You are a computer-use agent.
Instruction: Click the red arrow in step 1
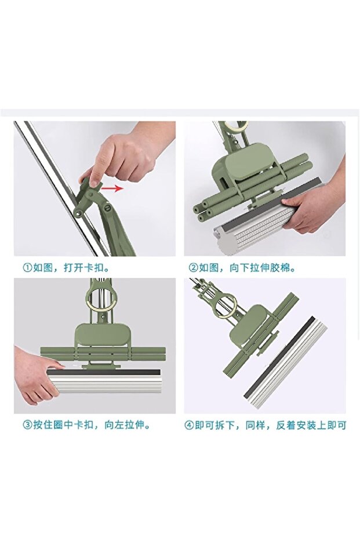tap(112, 188)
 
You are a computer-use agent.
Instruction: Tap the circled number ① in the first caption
tap(27, 267)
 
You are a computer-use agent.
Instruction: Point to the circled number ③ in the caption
tap(27, 425)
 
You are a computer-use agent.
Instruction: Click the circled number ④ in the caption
tap(189, 425)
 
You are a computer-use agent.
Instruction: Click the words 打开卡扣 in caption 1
tap(83, 267)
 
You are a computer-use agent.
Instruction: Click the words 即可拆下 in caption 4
tap(214, 425)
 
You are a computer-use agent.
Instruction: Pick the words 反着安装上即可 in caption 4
tap(311, 425)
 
